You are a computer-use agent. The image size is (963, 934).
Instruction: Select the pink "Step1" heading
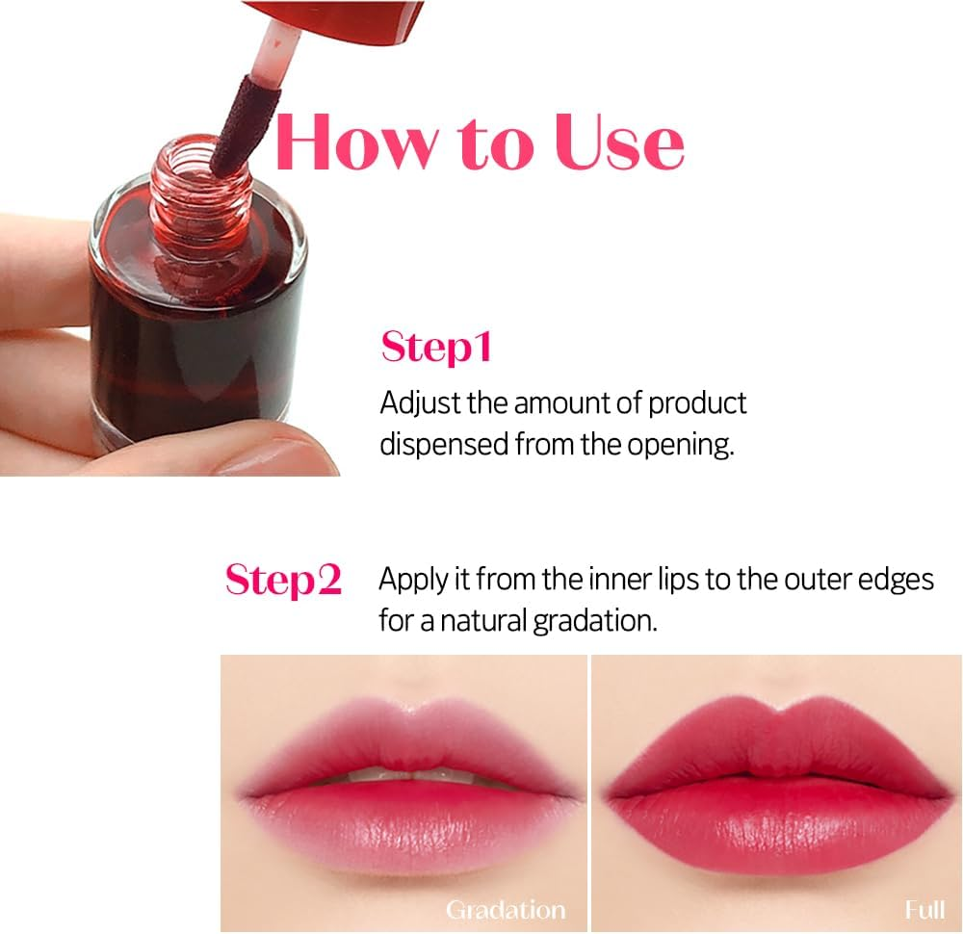pyautogui.click(x=436, y=348)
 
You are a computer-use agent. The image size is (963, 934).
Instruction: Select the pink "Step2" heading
pyautogui.click(x=283, y=580)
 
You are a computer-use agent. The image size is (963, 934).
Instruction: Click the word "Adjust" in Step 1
pyautogui.click(x=420, y=402)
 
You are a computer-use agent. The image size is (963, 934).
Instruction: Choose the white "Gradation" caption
pyautogui.click(x=505, y=909)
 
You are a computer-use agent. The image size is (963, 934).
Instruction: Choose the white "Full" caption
pyautogui.click(x=924, y=909)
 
